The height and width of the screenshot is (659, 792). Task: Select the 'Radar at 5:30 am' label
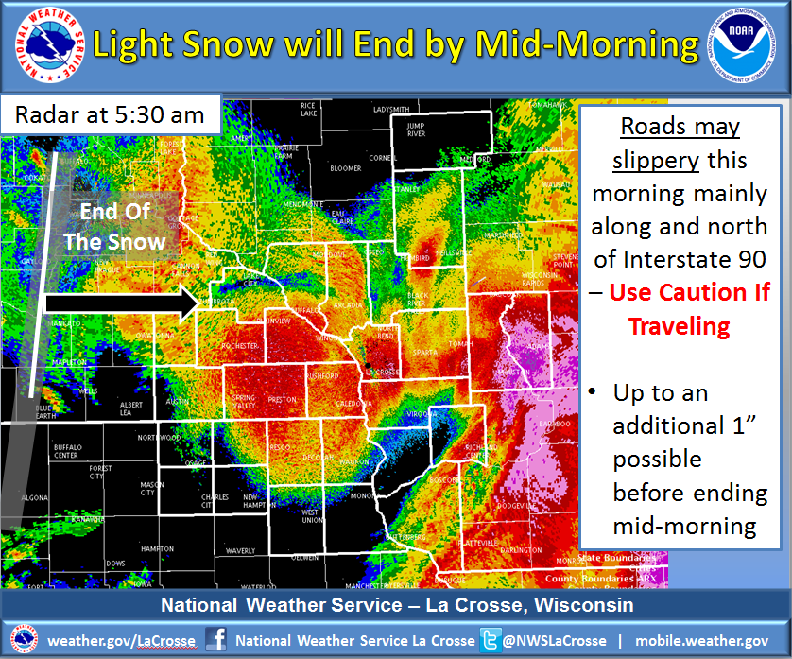(110, 114)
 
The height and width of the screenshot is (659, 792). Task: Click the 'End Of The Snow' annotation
(114, 226)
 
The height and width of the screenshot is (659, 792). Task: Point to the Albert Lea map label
(131, 408)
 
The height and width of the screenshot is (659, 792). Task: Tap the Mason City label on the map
(152, 489)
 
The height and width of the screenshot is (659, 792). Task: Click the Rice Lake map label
(308, 109)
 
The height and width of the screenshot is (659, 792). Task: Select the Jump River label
(416, 130)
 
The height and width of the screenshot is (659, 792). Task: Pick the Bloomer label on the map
(345, 169)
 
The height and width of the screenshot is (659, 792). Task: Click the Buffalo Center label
(66, 451)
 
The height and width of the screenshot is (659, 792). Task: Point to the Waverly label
(240, 550)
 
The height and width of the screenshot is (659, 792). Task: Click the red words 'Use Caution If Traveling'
(688, 308)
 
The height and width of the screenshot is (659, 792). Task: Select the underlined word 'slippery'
(655, 160)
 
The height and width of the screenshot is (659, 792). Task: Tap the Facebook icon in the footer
(216, 640)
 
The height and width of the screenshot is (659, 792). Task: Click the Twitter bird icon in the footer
(489, 640)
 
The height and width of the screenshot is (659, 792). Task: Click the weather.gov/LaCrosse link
(122, 640)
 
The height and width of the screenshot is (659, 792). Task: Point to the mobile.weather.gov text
(701, 640)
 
